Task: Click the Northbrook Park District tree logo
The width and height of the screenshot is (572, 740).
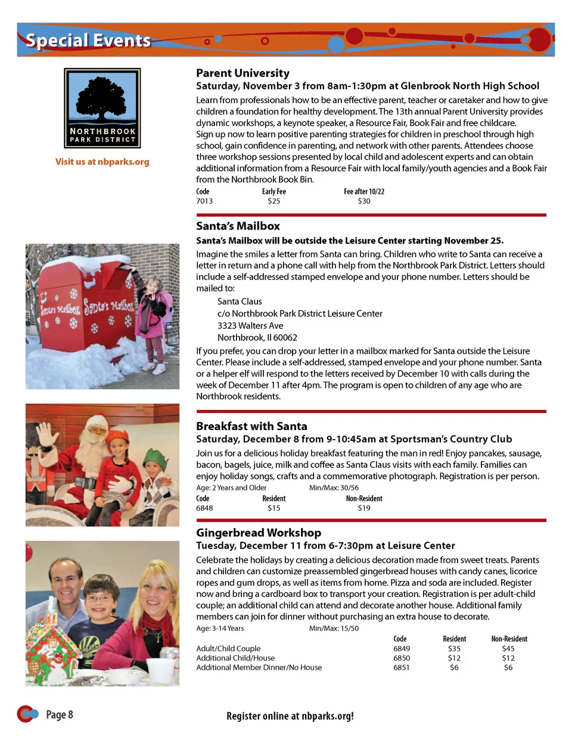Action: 102,108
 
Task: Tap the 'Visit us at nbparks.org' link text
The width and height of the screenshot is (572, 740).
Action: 102,161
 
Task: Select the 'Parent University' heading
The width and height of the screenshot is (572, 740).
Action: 243,73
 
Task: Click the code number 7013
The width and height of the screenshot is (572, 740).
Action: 204,201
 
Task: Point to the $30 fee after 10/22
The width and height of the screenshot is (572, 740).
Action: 363,201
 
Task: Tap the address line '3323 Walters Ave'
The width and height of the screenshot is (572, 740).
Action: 250,325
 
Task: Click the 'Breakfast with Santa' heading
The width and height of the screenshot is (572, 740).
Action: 251,426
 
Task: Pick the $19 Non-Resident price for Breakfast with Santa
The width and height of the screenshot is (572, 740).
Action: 363,508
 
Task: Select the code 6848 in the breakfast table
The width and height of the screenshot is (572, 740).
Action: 204,508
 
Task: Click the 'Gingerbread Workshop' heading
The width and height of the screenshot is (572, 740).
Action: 259,533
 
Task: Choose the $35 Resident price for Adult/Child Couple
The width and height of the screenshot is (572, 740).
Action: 454,649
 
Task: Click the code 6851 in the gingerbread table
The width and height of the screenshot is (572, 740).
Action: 402,668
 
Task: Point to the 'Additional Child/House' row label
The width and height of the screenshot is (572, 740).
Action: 235,658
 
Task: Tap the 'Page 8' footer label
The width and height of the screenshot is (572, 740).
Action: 59,714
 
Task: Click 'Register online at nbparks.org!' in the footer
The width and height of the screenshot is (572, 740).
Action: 290,716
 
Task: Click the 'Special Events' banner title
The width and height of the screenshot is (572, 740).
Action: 88,40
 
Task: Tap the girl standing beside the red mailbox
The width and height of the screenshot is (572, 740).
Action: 153,322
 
